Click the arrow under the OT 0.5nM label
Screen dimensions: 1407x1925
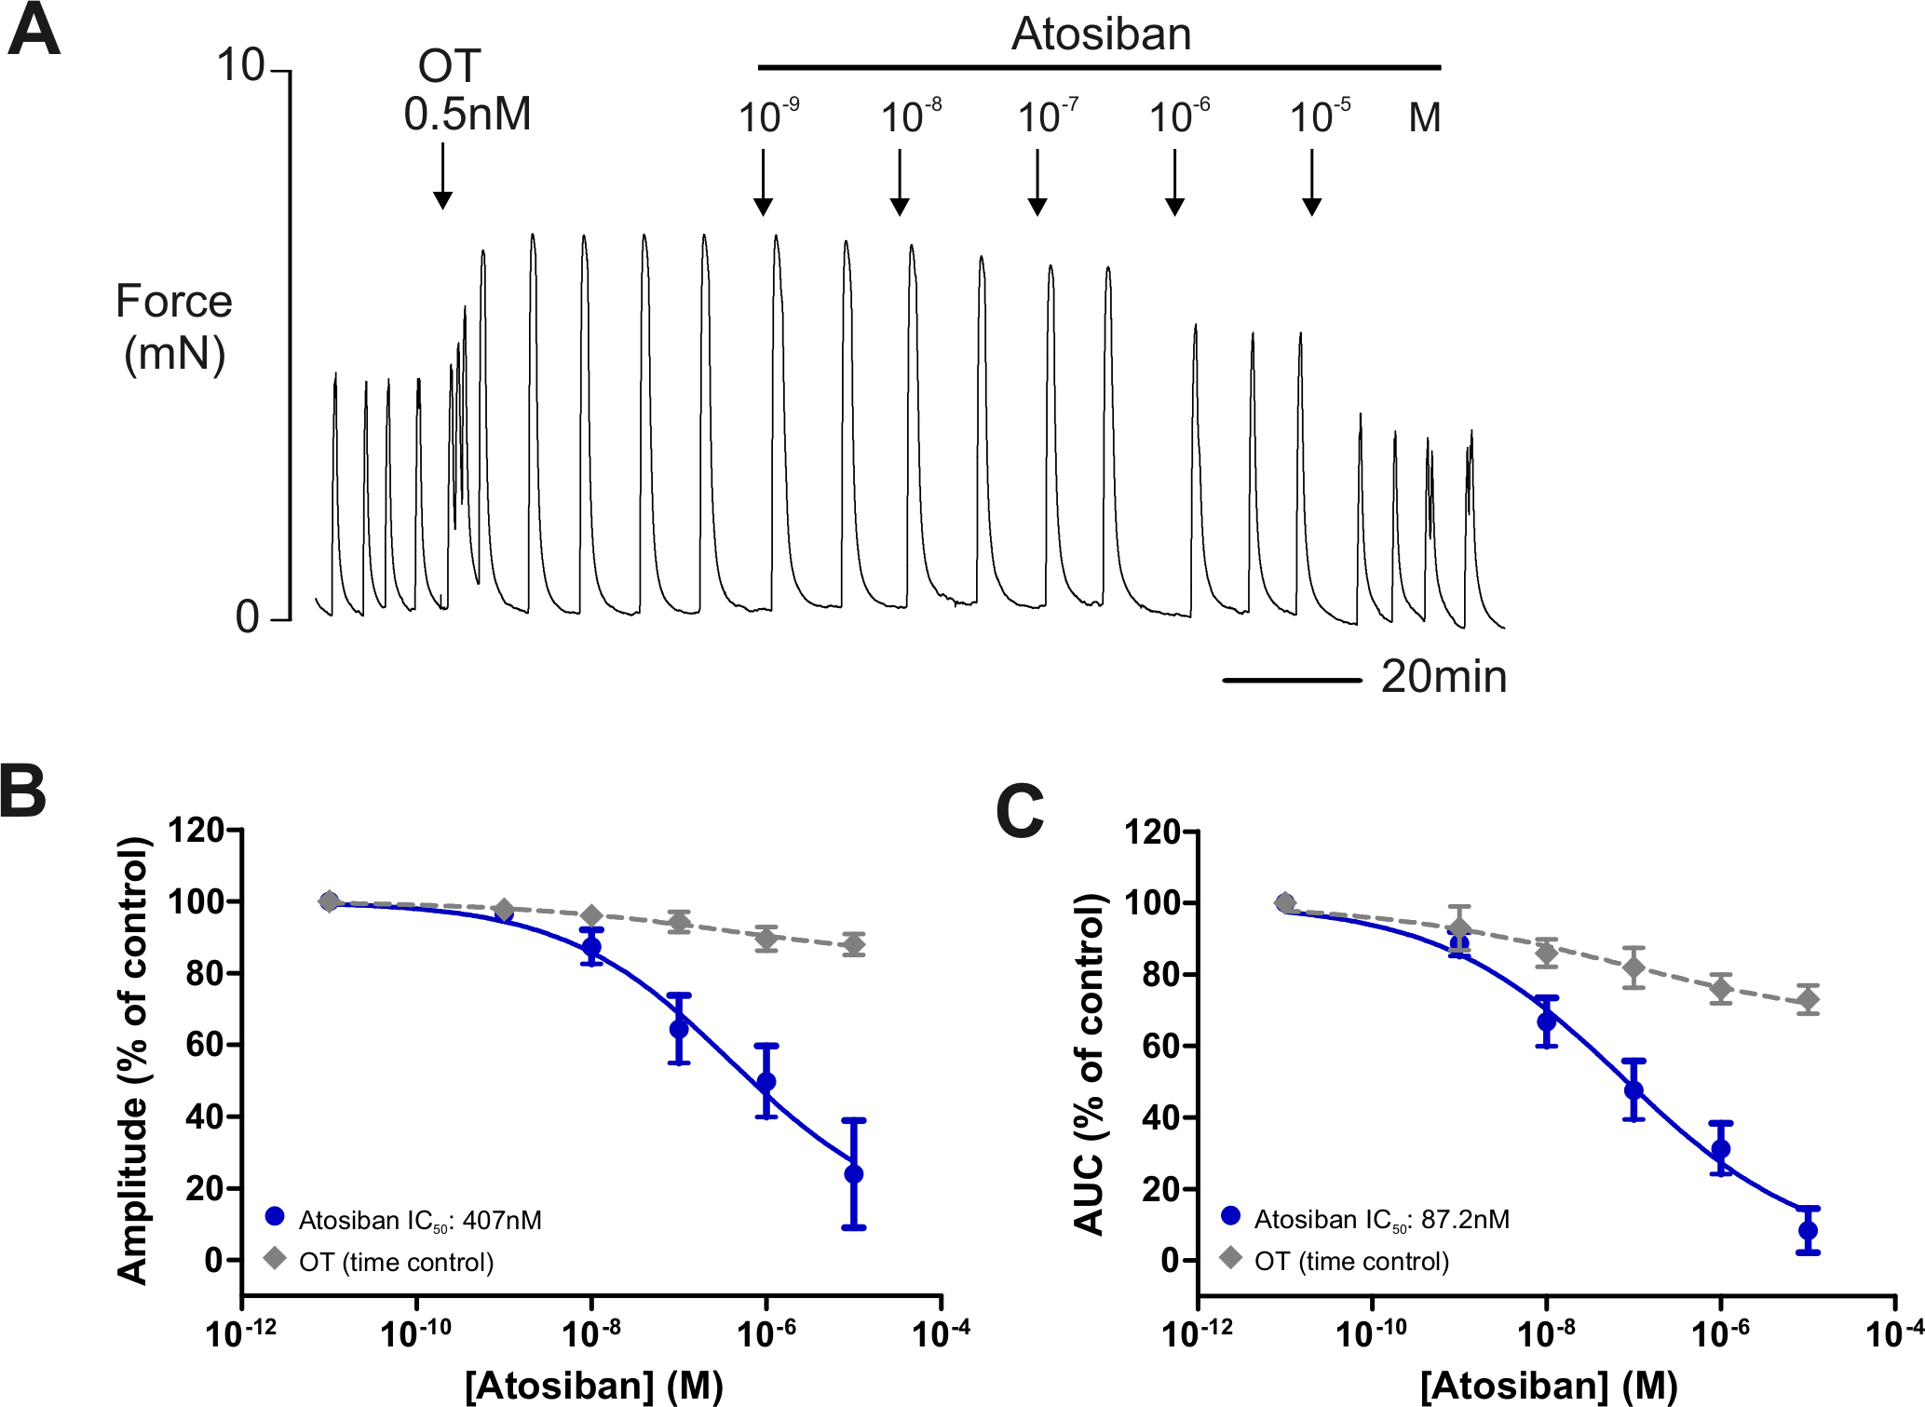[443, 176]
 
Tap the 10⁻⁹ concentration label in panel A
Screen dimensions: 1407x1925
[767, 117]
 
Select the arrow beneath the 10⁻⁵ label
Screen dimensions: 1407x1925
[1311, 183]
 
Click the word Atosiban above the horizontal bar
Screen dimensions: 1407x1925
[1101, 35]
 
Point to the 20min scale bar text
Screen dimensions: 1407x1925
[1444, 677]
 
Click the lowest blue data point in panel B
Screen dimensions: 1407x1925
[854, 1173]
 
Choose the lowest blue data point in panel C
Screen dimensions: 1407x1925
[1809, 1230]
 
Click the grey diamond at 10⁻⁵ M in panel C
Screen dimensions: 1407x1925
[1809, 1000]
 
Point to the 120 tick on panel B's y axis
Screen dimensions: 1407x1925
[196, 830]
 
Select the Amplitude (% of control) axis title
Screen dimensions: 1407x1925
[133, 1061]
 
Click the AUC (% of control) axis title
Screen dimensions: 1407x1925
[1090, 1063]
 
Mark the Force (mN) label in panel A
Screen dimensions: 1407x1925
[173, 328]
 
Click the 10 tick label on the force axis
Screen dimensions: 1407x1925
[240, 66]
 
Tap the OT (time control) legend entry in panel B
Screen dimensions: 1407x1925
[396, 1263]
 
